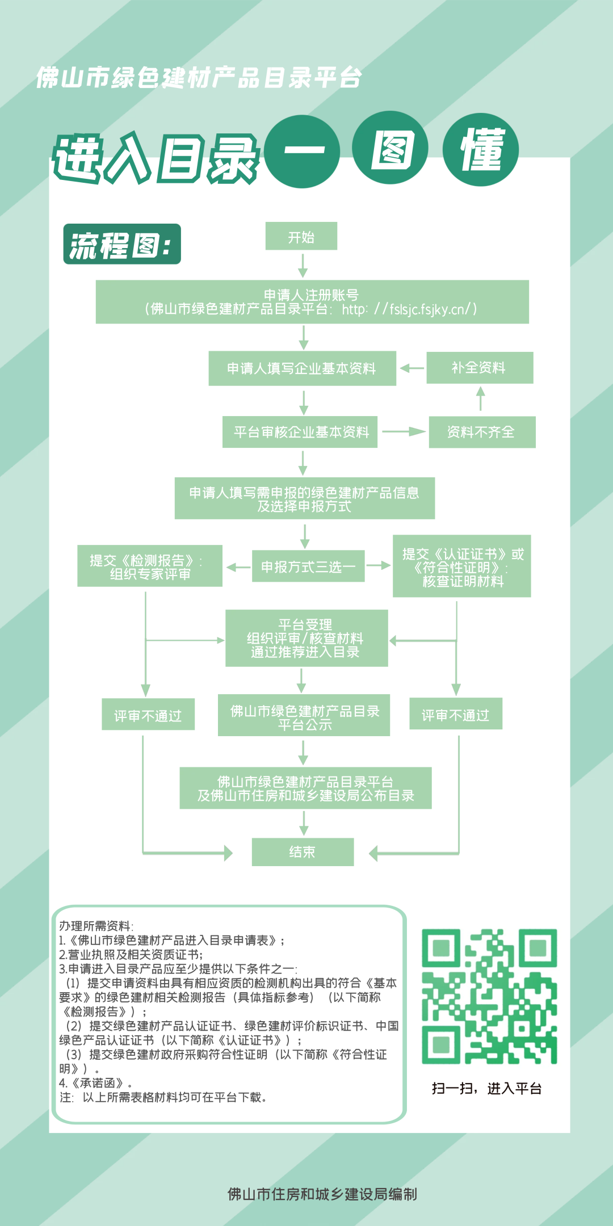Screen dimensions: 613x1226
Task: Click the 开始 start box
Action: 301,236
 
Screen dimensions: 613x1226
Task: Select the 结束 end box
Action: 303,852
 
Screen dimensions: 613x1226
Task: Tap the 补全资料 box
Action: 480,368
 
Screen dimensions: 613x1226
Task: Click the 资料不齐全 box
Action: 482,432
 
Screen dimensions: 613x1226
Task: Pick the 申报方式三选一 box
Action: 308,566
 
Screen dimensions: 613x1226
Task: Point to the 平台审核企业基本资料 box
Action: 300,432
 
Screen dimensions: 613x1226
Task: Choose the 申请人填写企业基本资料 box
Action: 302,369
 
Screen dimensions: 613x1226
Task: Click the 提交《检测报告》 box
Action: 150,566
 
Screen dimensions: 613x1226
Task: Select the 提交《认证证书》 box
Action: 462,566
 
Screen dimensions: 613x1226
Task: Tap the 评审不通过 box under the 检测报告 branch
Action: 148,715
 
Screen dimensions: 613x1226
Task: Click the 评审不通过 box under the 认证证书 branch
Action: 456,714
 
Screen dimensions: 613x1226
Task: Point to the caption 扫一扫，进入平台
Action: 486,1088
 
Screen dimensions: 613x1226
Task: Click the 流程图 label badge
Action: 122,244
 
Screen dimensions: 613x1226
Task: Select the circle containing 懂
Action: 481,149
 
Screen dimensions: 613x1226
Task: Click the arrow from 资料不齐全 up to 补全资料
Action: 481,398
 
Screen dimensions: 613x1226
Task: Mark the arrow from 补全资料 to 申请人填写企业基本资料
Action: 412,368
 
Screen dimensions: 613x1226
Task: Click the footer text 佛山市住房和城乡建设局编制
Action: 322,1194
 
